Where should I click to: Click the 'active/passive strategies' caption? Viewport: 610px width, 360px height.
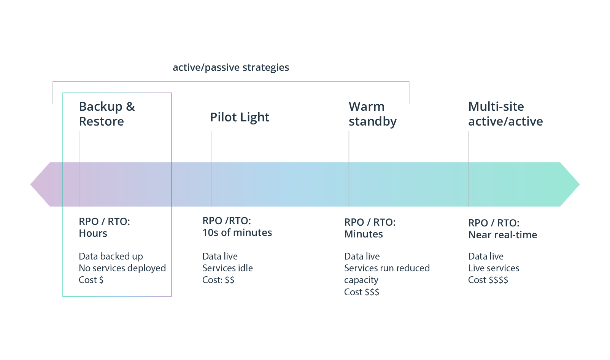pyautogui.click(x=231, y=67)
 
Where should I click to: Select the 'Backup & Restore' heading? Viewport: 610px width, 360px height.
pyautogui.click(x=106, y=114)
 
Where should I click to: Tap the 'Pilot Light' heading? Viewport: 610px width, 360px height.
pyautogui.click(x=240, y=117)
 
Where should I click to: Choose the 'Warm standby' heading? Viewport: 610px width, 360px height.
pyautogui.click(x=372, y=114)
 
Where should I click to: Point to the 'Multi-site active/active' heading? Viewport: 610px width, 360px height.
pyautogui.click(x=505, y=114)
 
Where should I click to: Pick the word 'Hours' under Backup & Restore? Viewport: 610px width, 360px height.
pyautogui.click(x=93, y=233)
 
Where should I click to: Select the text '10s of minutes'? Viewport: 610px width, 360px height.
pyautogui.click(x=237, y=233)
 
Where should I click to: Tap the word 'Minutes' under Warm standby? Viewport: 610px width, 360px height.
pyautogui.click(x=363, y=234)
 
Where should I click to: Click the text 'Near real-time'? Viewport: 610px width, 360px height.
pyautogui.click(x=502, y=235)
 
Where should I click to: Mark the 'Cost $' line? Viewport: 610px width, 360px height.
pyautogui.click(x=91, y=280)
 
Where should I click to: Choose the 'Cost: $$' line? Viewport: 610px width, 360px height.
pyautogui.click(x=218, y=280)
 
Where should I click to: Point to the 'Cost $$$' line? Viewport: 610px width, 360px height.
pyautogui.click(x=361, y=292)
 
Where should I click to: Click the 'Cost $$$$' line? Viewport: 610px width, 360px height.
pyautogui.click(x=488, y=280)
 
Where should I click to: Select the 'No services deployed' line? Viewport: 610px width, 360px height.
pyautogui.click(x=122, y=268)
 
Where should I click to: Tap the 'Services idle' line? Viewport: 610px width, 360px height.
pyautogui.click(x=227, y=268)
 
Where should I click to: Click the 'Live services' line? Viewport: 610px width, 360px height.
pyautogui.click(x=494, y=268)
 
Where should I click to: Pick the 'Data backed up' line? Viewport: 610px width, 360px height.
pyautogui.click(x=111, y=256)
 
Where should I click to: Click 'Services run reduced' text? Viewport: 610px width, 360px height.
pyautogui.click(x=387, y=268)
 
